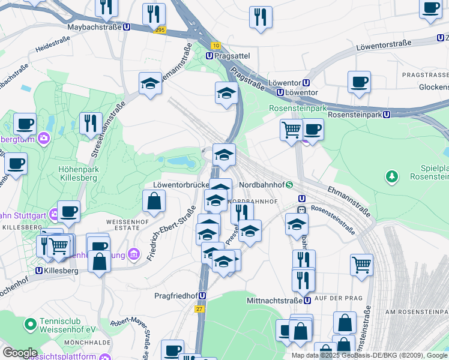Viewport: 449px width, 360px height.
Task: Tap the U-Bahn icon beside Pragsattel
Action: pos(209,55)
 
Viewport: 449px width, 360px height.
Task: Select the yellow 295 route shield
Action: pos(159,29)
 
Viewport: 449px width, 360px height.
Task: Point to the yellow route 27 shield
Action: pos(199,308)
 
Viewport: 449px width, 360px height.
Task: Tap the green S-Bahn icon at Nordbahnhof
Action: pos(289,185)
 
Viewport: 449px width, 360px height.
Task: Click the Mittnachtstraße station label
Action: pos(274,300)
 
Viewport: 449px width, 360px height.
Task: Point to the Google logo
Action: pos(19,352)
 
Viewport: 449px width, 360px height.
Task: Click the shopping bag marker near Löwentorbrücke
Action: pos(154,202)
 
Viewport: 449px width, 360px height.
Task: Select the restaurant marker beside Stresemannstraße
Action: pos(91,124)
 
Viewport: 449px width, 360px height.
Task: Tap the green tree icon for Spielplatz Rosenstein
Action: pos(391,176)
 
